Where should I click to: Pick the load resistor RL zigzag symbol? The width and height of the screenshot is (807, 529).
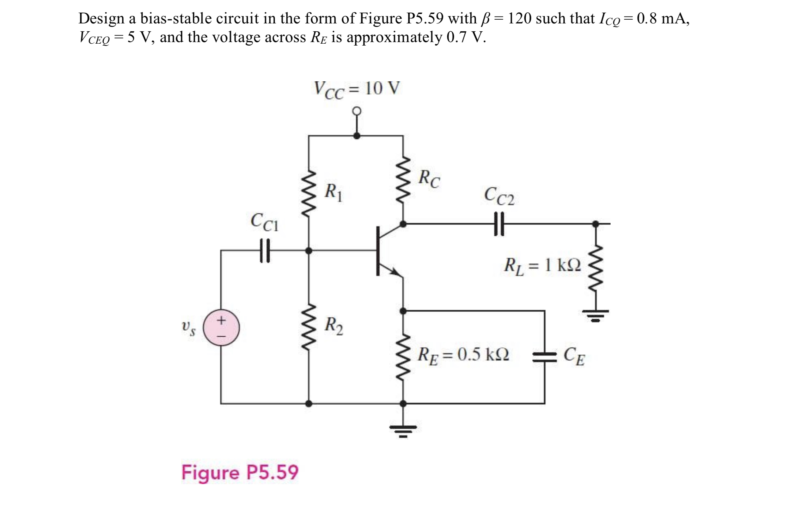pos(596,268)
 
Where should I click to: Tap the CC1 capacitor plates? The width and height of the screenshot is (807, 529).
pos(265,250)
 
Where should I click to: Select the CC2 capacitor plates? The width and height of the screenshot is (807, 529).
pos(499,224)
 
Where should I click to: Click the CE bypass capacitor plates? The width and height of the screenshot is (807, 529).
pos(544,357)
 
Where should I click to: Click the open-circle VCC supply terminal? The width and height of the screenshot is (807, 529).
pos(356,111)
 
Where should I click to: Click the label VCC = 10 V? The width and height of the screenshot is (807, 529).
pos(357,89)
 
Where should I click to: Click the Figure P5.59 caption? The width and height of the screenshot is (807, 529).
pos(240,472)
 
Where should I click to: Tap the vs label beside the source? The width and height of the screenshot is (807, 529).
pos(188,328)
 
